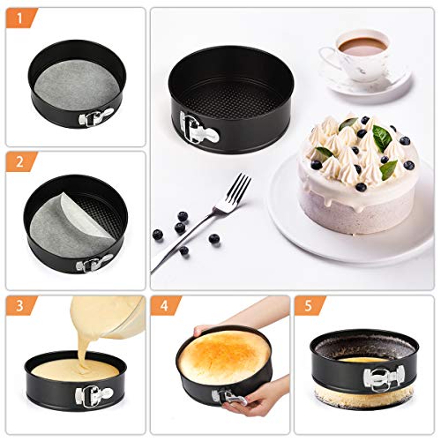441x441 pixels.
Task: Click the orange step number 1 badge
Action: coord(20,19)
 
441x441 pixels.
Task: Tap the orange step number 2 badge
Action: coord(20,162)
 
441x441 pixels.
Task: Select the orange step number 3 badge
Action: coord(20,306)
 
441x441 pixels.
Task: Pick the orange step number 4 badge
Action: coord(165,306)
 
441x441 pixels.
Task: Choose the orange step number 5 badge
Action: coord(309,306)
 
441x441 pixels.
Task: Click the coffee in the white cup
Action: coord(363,46)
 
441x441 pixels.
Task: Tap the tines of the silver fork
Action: coord(239,188)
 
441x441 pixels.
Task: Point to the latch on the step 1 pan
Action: coord(95,117)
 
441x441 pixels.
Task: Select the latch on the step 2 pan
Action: coord(94,262)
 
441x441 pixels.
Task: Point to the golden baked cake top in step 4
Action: coord(224,353)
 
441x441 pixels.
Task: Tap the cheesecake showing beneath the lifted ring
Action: coord(364,395)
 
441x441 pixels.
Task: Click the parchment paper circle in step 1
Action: coord(76,87)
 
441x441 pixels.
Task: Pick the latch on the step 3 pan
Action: coord(94,395)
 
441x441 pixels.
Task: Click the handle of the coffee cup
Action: coord(329,57)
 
